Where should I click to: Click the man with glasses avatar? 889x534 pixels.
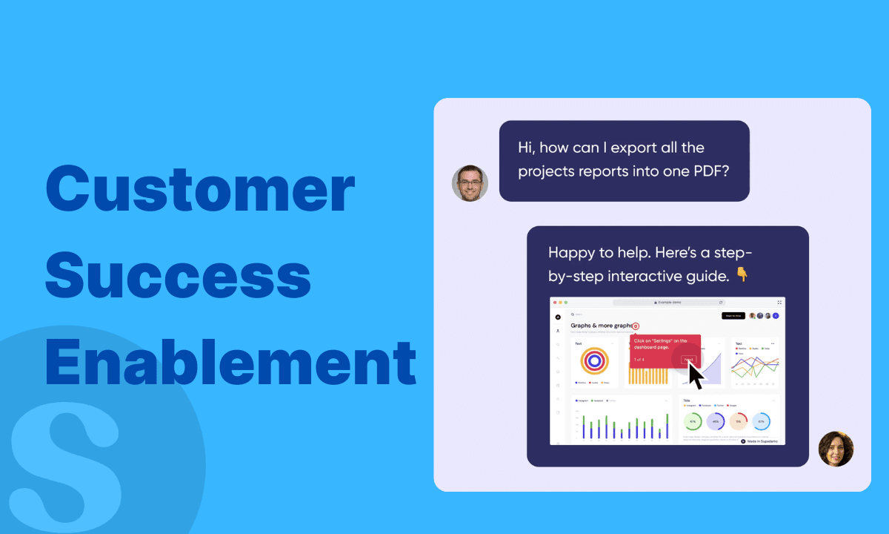pos(470,183)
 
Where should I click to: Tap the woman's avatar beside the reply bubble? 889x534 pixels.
pos(836,449)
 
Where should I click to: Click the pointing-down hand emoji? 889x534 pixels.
pos(742,275)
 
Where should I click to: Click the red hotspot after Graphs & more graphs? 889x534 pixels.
pos(636,326)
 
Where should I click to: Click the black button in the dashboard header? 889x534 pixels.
pos(733,316)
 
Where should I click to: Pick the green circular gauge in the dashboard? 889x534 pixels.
pos(693,421)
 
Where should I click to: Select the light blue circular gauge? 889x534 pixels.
pos(761,421)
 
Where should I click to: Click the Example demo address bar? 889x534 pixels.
pos(667,303)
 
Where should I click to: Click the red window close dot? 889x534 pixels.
pos(555,303)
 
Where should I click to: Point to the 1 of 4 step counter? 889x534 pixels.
pos(639,360)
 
